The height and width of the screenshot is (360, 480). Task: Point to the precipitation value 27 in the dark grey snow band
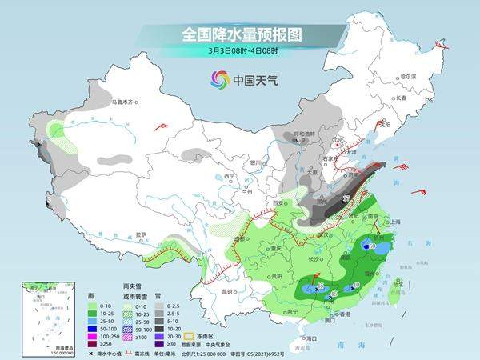pos(346,197)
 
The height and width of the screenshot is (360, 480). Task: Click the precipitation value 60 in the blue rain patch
pos(373,247)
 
